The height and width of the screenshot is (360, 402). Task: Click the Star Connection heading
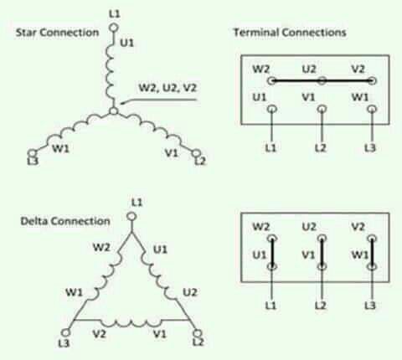click(57, 33)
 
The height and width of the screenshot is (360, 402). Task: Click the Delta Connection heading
click(65, 221)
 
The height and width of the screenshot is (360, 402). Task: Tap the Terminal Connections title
click(290, 33)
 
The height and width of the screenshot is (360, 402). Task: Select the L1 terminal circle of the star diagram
click(114, 28)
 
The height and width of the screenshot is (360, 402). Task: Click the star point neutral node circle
click(114, 111)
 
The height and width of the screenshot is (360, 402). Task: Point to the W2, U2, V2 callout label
click(167, 88)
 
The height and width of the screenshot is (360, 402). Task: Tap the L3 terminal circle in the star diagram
click(33, 153)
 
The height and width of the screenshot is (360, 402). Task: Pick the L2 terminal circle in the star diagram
click(196, 153)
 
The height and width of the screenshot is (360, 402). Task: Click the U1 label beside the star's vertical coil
click(127, 43)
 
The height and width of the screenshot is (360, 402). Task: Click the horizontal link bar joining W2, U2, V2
click(322, 81)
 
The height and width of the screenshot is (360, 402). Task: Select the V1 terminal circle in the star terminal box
click(322, 109)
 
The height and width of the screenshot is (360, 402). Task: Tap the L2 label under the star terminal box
click(321, 147)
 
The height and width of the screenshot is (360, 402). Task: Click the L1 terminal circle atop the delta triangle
click(131, 216)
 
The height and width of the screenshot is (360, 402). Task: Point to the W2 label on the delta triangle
click(101, 247)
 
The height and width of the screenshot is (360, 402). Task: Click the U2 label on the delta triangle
click(190, 292)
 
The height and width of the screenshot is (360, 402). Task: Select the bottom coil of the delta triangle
click(131, 323)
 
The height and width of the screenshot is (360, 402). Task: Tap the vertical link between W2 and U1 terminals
click(272, 253)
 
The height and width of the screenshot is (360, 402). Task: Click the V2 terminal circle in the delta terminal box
click(372, 239)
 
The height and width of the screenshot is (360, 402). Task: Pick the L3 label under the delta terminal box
click(370, 306)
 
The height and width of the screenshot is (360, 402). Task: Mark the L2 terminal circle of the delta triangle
click(198, 332)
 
